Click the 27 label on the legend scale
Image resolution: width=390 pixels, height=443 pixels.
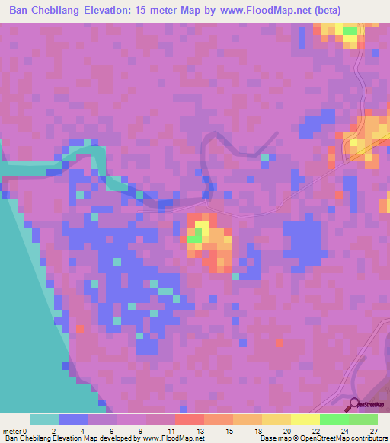[373, 431]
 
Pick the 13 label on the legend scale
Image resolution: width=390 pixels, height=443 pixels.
[200, 431]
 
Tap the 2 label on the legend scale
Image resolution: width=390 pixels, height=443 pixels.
[53, 431]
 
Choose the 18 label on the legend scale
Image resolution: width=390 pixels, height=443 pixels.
[258, 431]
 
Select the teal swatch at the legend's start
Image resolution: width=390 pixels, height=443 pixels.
[45, 419]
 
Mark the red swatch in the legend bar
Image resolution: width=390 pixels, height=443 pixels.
[189, 419]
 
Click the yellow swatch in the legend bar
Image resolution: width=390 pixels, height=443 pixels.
[305, 419]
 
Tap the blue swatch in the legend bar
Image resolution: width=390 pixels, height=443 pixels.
[74, 419]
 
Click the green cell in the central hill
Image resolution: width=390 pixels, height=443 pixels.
[195, 238]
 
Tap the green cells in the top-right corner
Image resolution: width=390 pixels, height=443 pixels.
[350, 31]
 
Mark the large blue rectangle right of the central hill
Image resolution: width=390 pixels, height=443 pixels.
[302, 242]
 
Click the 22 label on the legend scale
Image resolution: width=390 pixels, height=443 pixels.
[316, 431]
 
